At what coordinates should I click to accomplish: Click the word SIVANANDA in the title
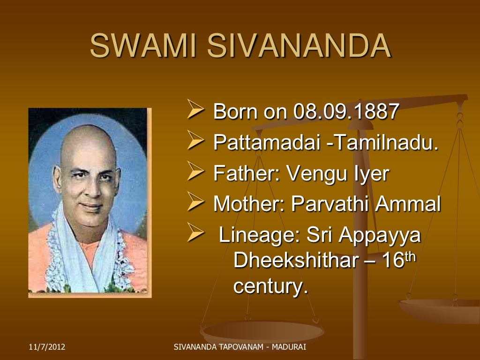point(299,45)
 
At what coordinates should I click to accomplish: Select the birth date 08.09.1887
point(346,112)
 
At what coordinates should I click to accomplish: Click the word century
point(270,286)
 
